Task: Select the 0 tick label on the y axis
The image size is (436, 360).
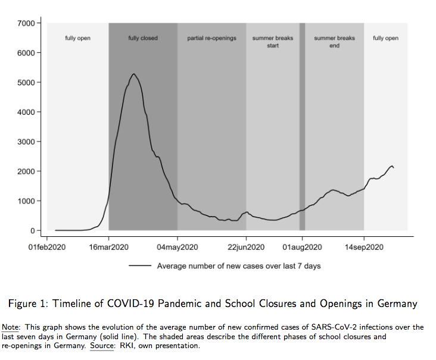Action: coord(33,231)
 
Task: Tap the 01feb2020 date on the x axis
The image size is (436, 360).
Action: coord(47,247)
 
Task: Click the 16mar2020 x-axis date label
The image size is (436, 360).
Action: coord(108,247)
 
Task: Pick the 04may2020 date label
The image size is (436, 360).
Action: coord(177,247)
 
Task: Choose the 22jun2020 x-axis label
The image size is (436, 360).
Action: coord(246,247)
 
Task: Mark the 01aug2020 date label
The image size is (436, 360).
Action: coord(302,247)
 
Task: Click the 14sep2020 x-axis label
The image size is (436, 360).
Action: coord(364,247)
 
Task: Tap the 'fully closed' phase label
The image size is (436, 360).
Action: coord(143,39)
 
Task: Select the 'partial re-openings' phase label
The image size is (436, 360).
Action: coord(211,39)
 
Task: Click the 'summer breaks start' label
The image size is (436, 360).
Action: coord(273,42)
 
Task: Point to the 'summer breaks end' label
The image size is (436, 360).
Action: coord(334,42)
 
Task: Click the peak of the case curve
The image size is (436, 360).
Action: coord(134,74)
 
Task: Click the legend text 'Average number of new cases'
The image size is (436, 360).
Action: coord(238,266)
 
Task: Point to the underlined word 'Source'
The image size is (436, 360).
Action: coord(101,345)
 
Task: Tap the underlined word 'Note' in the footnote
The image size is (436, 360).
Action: coord(10,327)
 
